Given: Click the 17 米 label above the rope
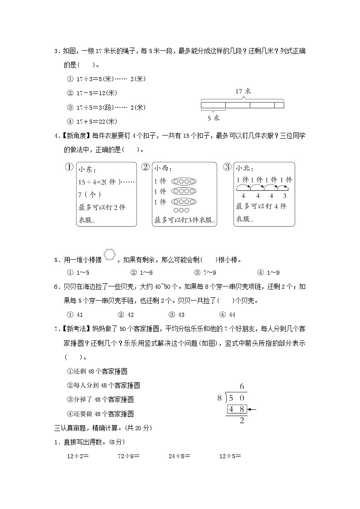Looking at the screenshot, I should [x=243, y=91].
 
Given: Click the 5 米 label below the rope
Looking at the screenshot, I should [x=213, y=118].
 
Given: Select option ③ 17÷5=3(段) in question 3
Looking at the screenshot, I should [x=106, y=107].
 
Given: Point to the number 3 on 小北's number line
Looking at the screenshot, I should [x=284, y=196].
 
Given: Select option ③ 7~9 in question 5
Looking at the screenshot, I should [x=209, y=272].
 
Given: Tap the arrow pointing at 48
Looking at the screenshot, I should [x=252, y=410].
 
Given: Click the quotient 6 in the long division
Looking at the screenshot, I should [x=242, y=386].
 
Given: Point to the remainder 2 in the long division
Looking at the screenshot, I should [x=241, y=421].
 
